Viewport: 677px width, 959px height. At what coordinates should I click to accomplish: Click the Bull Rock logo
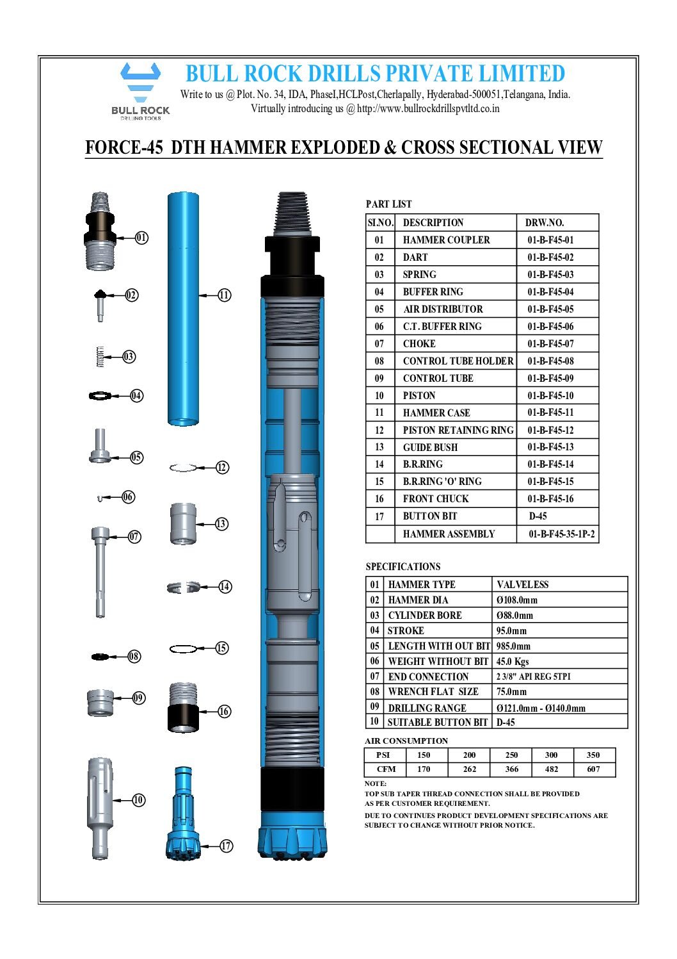point(140,90)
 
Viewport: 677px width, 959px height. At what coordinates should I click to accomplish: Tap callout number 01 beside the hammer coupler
point(141,238)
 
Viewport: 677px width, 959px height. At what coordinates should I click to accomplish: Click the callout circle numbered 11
point(224,295)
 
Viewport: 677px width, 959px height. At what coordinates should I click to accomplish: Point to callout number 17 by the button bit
point(226,846)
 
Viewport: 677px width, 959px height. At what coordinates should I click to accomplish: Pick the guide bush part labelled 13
point(183,524)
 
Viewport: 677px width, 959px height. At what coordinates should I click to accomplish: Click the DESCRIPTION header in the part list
point(433,223)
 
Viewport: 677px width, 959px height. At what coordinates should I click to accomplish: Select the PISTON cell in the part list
point(419,396)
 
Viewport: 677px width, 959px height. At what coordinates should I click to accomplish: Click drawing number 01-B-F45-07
point(550,344)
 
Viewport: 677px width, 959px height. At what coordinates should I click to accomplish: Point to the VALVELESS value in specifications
point(522,585)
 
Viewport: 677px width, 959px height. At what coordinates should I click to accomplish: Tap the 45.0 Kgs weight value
point(513,662)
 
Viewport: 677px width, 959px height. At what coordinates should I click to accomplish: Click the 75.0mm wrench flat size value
point(511,692)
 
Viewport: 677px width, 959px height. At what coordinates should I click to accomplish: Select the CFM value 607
point(593,769)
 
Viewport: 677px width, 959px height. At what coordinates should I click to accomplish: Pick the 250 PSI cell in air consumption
point(511,755)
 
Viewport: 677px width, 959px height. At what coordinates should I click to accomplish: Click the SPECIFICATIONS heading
point(403,567)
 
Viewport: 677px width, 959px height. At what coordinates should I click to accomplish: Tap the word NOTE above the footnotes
point(376,783)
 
